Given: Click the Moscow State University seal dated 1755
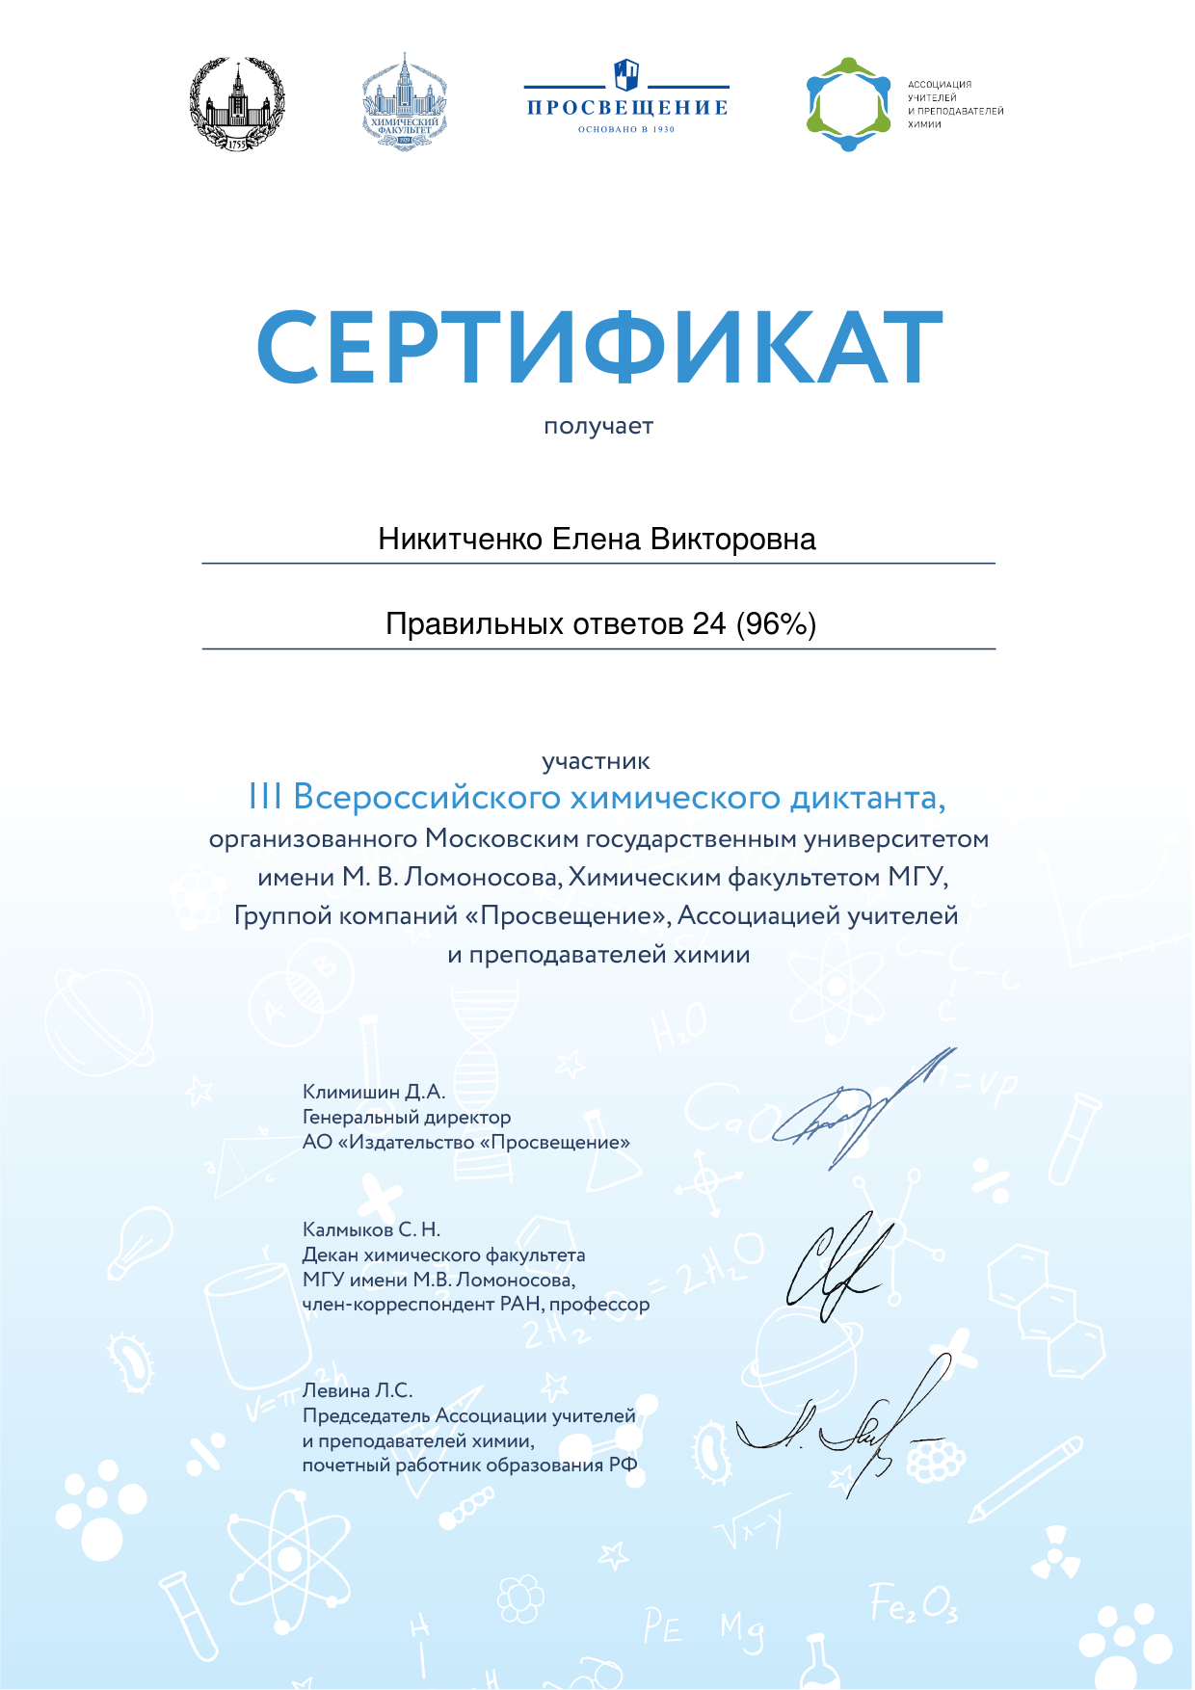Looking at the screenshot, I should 237,103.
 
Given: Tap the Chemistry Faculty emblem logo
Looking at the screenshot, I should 405,101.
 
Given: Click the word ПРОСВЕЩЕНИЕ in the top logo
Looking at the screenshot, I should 626,107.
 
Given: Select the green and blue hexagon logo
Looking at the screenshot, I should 848,104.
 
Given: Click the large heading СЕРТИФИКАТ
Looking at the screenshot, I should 598,347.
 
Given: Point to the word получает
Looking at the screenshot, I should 598,426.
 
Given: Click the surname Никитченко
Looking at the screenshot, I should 461,539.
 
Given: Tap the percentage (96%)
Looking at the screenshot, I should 776,624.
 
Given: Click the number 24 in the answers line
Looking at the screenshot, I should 708,624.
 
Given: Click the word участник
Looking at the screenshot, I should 596,761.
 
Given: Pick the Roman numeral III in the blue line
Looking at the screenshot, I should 265,798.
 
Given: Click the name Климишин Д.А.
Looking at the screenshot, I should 374,1092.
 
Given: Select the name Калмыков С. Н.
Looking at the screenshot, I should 371,1229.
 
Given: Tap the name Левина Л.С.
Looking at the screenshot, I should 358,1390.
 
